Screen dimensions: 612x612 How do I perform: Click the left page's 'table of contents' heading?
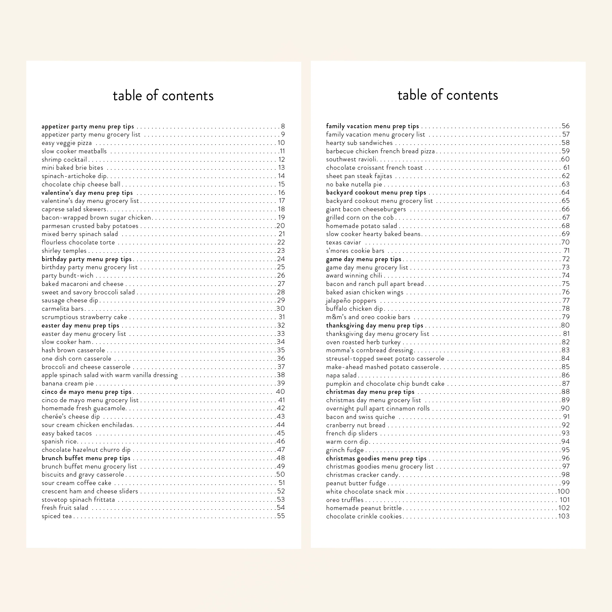[x=163, y=96]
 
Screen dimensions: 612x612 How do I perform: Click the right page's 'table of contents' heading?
[x=448, y=95]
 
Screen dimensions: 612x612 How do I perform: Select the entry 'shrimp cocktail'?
[x=64, y=160]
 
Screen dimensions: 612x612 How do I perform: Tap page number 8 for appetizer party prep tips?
[x=283, y=126]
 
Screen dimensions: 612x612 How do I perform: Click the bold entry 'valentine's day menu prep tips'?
[x=87, y=193]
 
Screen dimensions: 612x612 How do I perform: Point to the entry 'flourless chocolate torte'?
[x=78, y=243]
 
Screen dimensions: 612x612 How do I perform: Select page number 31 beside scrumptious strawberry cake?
[x=281, y=317]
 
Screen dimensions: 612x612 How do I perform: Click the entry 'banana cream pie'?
[x=68, y=384]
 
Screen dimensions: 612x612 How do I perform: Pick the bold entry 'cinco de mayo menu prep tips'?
[x=86, y=392]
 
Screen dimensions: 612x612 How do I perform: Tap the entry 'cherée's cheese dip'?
[x=71, y=417]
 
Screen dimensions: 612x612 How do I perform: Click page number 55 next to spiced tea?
[x=281, y=516]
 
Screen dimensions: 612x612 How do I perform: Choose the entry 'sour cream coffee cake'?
[x=76, y=483]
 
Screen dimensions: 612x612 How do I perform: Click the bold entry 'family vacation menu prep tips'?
[x=373, y=126]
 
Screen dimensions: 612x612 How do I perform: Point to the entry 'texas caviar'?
[x=343, y=243]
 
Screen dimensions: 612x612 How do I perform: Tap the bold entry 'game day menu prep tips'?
[x=364, y=259]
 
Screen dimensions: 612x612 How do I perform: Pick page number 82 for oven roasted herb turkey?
[x=566, y=342]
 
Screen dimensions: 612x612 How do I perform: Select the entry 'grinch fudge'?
[x=345, y=450]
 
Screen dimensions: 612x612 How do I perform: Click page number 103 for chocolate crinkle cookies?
[x=564, y=516]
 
